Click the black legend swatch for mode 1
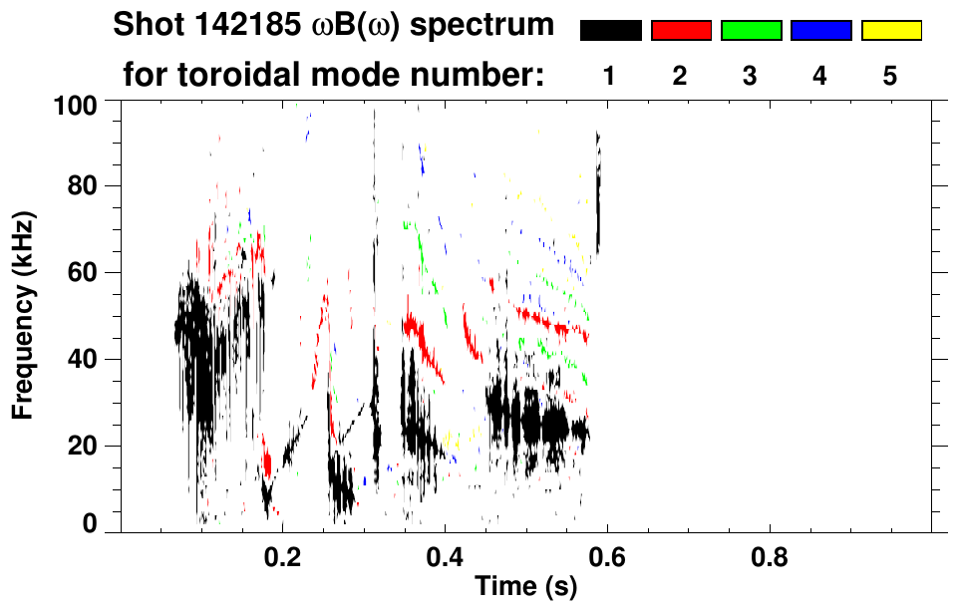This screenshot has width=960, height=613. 610,31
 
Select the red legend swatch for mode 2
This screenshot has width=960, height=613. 681,31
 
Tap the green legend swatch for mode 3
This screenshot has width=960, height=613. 751,31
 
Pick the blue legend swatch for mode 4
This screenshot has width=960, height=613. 820,31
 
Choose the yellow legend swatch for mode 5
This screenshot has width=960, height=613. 891,31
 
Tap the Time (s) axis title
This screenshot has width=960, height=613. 525,587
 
